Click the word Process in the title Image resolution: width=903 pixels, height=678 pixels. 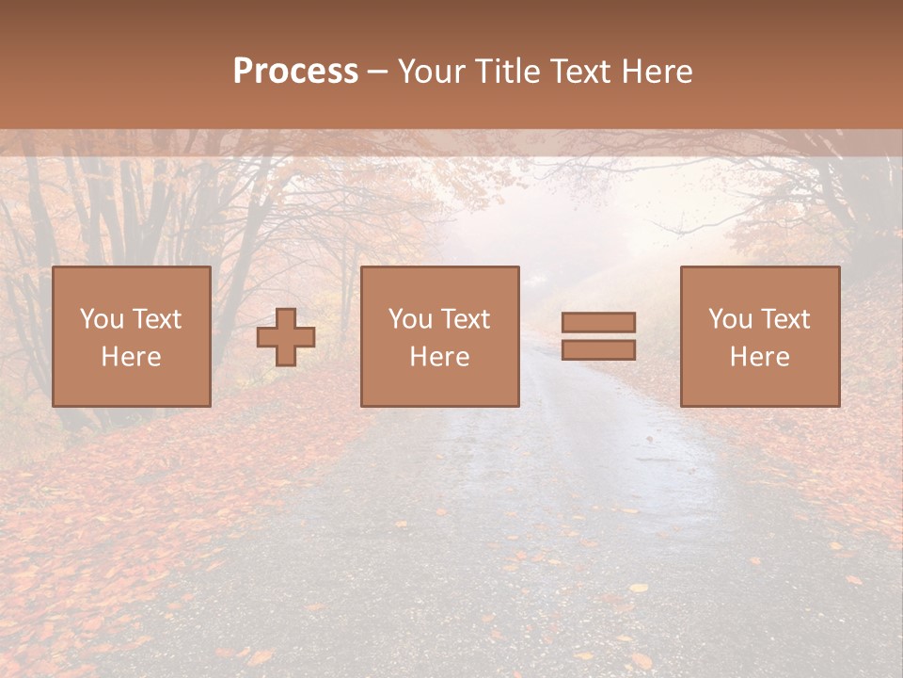click(x=295, y=72)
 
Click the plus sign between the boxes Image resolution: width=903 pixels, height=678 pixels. click(x=286, y=337)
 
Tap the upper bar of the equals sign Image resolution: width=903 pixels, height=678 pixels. click(x=598, y=322)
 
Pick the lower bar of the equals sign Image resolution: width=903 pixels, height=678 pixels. click(x=598, y=350)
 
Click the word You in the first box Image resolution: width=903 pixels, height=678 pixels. click(x=102, y=319)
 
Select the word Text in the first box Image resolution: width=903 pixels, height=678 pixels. click(x=156, y=319)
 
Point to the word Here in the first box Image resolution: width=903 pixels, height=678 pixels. click(x=131, y=357)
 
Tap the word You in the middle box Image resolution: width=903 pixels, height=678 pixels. click(x=410, y=319)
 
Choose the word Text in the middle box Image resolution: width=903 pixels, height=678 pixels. click(x=465, y=319)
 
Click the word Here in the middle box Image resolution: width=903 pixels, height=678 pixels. click(x=439, y=357)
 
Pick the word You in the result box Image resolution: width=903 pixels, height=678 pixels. click(x=730, y=319)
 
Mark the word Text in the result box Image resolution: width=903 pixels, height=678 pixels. click(x=784, y=319)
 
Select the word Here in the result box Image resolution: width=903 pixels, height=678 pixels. click(x=759, y=357)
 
